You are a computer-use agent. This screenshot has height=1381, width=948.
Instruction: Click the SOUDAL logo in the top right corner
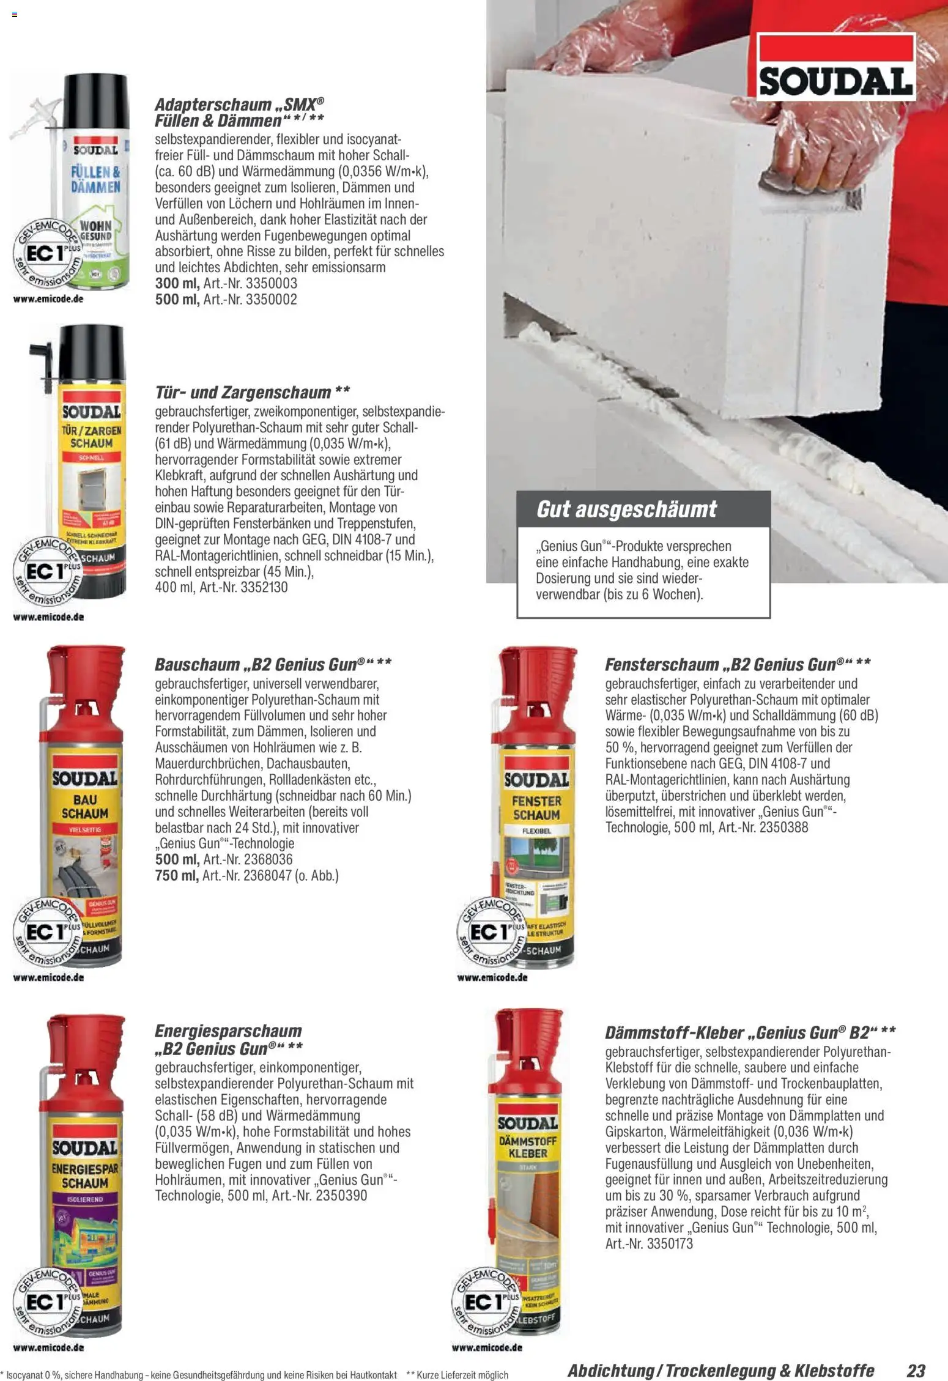pos(836,67)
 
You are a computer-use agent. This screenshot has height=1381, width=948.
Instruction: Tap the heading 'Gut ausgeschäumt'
pos(626,509)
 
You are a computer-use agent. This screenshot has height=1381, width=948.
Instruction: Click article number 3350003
pos(271,284)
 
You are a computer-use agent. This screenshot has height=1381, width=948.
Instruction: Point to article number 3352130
pos(264,588)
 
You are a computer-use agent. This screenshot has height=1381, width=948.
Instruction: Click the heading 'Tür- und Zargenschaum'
pos(252,391)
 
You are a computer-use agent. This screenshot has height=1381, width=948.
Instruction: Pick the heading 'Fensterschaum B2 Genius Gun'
pos(737,664)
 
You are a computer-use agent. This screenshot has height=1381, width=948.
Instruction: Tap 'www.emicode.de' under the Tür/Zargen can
pos(48,617)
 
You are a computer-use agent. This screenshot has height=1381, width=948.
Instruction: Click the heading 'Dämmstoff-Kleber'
pos(673,1032)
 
